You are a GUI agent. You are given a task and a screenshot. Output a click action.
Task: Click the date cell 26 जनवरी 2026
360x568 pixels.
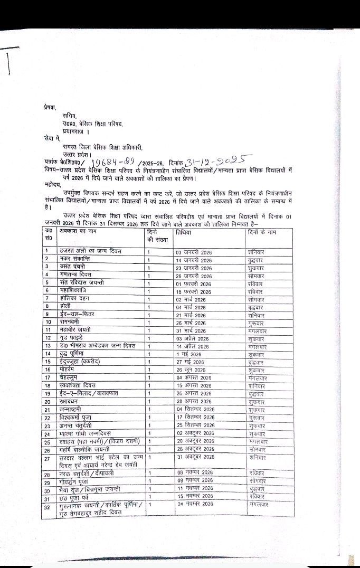[194, 275]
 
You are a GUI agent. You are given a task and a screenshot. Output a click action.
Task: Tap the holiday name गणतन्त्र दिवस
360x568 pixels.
[77, 274]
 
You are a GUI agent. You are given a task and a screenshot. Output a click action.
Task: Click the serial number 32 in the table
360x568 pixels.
[48, 507]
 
